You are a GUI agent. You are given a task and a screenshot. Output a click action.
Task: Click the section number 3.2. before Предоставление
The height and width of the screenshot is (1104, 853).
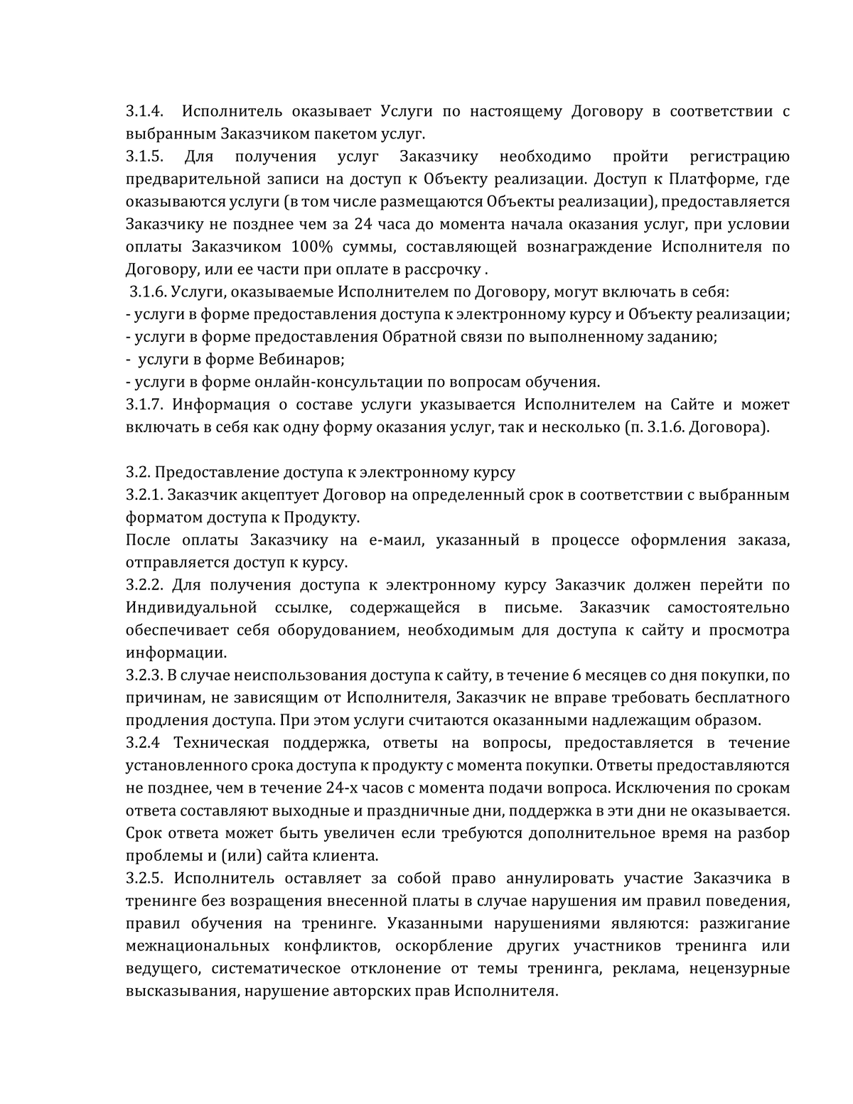(x=138, y=473)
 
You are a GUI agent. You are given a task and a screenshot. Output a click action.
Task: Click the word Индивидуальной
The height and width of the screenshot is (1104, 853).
(x=191, y=608)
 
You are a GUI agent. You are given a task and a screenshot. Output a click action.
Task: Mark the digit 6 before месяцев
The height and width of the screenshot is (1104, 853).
(x=577, y=675)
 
